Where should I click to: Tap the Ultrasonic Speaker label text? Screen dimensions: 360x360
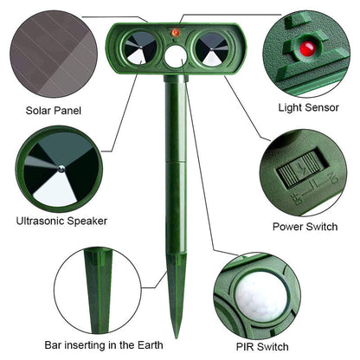coord(62,221)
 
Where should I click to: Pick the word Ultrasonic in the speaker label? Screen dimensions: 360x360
coord(44,221)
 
